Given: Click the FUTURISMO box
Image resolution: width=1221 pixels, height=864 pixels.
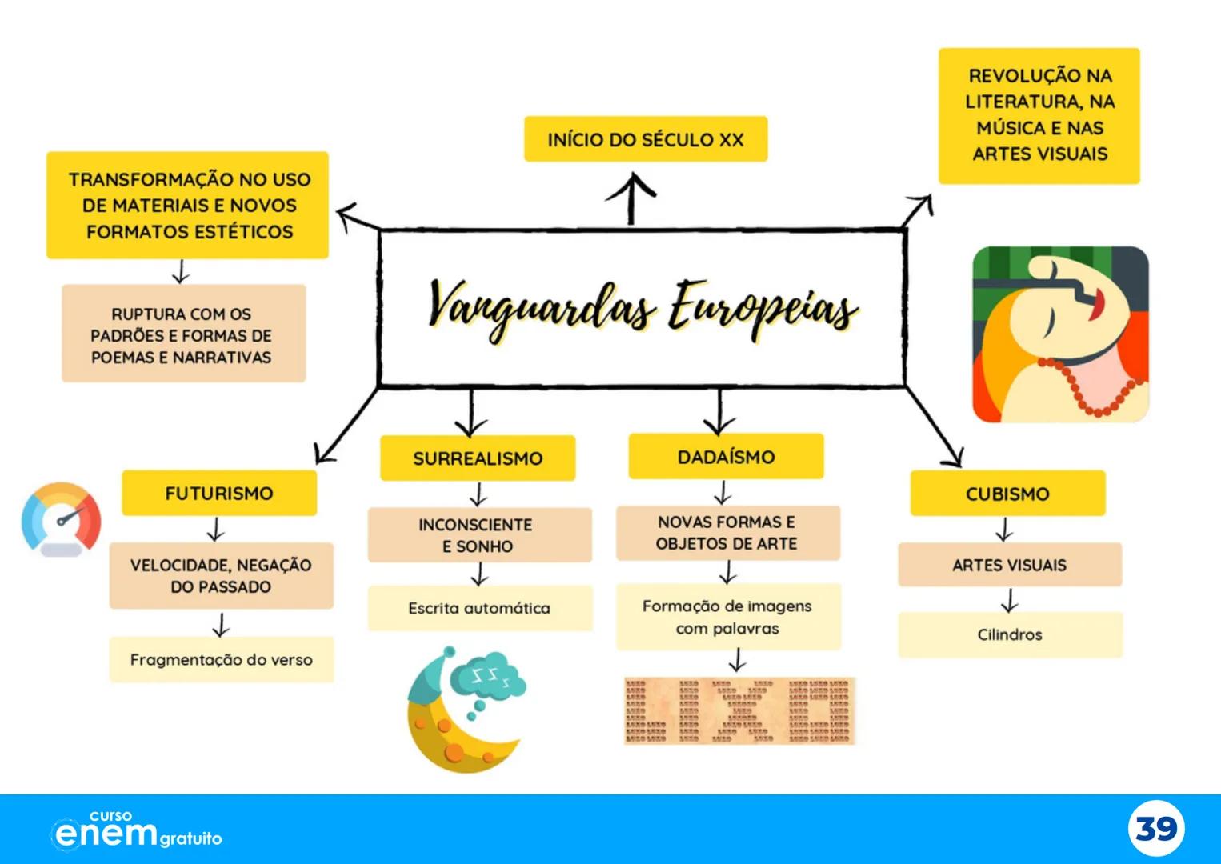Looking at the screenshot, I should click(x=219, y=493).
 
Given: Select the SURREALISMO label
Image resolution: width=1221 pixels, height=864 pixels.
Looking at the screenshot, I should click(x=478, y=458).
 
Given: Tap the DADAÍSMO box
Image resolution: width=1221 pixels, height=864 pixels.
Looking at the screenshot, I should click(x=726, y=457).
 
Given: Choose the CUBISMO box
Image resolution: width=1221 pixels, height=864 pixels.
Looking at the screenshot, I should click(x=1007, y=494).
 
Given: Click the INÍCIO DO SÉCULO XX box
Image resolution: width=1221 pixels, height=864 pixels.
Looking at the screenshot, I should click(x=646, y=139).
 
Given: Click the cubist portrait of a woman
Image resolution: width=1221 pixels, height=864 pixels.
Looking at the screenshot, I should click(x=1060, y=334).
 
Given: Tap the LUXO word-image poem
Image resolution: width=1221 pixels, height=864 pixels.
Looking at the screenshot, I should click(x=739, y=711).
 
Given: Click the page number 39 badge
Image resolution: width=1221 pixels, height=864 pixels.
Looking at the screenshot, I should click(x=1156, y=829).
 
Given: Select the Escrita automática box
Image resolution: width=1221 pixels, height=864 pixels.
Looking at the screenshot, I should click(x=479, y=608).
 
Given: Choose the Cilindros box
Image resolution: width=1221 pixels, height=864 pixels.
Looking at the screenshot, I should click(x=1010, y=634).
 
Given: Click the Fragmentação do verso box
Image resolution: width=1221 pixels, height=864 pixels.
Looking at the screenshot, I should click(x=221, y=660).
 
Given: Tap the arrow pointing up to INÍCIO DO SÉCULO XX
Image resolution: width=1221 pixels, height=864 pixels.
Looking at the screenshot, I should click(x=631, y=197).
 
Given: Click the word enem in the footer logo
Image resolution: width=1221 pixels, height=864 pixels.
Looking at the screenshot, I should click(x=106, y=834).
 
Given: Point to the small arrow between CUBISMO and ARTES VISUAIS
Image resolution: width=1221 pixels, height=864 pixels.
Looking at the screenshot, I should click(x=1005, y=530).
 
